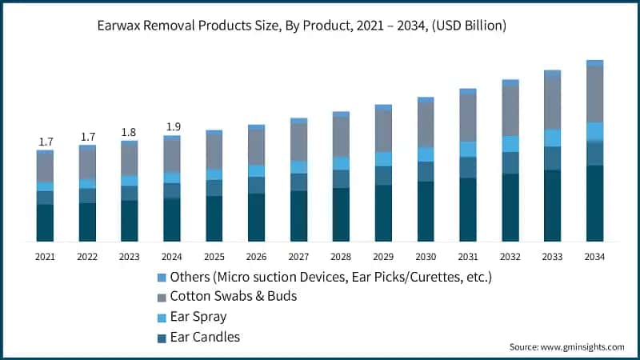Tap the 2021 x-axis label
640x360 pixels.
pyautogui.click(x=45, y=257)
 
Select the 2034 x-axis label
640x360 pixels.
pyautogui.click(x=594, y=257)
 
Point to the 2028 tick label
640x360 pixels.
pyautogui.click(x=341, y=257)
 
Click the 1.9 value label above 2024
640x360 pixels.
pyautogui.click(x=172, y=126)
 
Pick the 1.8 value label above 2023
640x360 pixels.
pyautogui.click(x=130, y=132)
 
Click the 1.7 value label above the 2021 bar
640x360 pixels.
pyautogui.click(x=46, y=142)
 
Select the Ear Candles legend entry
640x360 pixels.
pyautogui.click(x=205, y=337)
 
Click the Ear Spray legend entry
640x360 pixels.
pyautogui.click(x=198, y=317)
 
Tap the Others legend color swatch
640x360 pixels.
pyautogui.click(x=162, y=277)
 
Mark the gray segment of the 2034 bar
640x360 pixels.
pyautogui.click(x=594, y=94)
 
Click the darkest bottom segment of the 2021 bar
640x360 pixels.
pyautogui.click(x=46, y=222)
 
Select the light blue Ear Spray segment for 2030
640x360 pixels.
pyautogui.click(x=426, y=154)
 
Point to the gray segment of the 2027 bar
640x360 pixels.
pyautogui.click(x=298, y=142)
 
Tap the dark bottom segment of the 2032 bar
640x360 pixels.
pyautogui.click(x=510, y=207)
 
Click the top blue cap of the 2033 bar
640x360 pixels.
pyautogui.click(x=552, y=74)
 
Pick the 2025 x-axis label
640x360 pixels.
pyautogui.click(x=214, y=257)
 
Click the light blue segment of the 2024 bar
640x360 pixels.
pyautogui.click(x=172, y=178)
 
